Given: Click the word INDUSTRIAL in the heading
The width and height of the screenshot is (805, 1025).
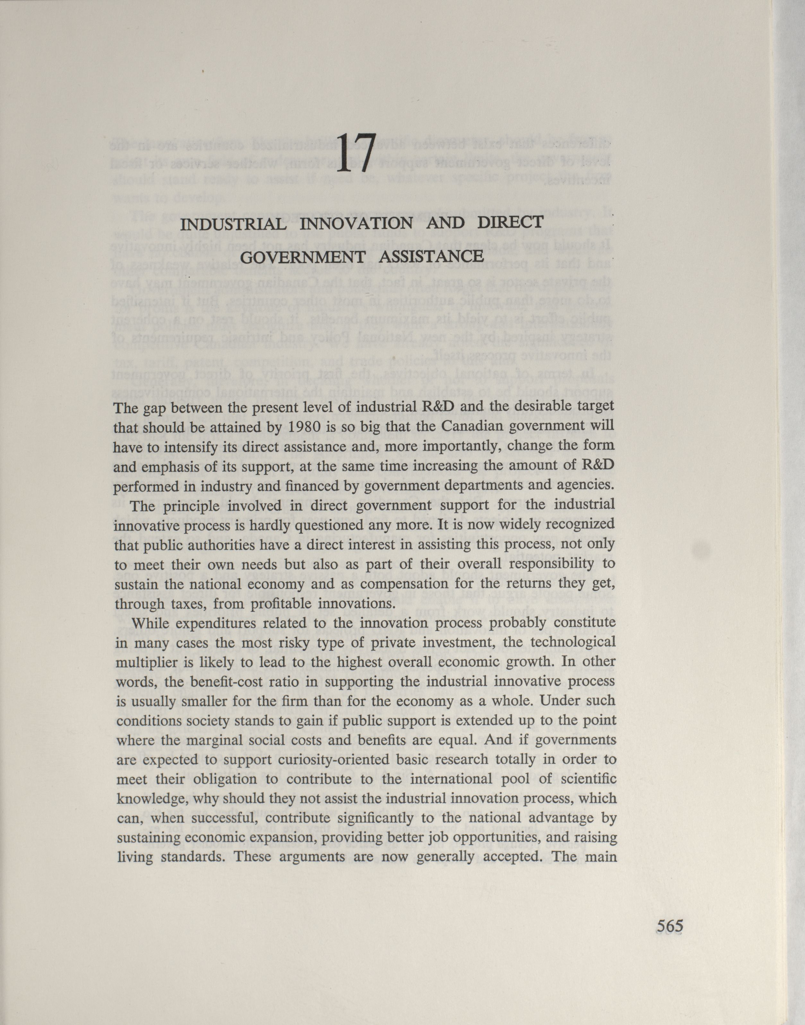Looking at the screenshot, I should [x=233, y=224].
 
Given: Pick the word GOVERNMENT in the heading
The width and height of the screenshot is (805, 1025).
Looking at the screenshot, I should [x=303, y=258].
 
